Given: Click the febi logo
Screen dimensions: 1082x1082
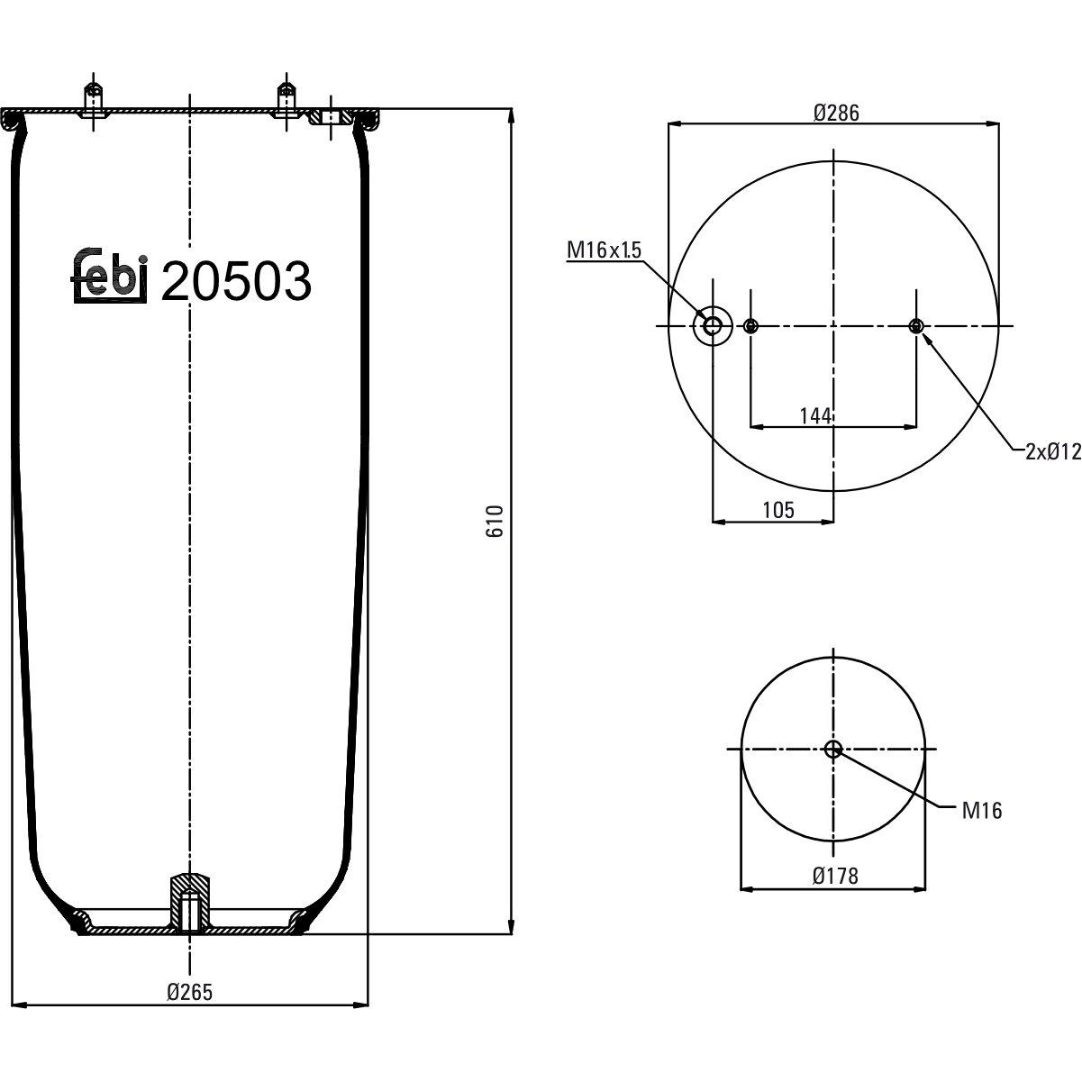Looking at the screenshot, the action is tap(110, 275).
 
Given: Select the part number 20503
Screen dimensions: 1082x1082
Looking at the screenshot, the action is tap(236, 281).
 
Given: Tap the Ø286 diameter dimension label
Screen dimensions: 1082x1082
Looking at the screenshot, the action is tap(836, 113).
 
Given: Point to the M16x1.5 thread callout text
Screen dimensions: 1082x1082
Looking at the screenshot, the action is tap(604, 250).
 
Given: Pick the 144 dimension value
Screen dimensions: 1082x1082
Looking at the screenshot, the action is tap(815, 416).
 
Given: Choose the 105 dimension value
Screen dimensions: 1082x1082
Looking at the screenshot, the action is tap(778, 510).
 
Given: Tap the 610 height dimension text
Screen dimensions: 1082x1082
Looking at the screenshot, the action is tap(495, 521).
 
